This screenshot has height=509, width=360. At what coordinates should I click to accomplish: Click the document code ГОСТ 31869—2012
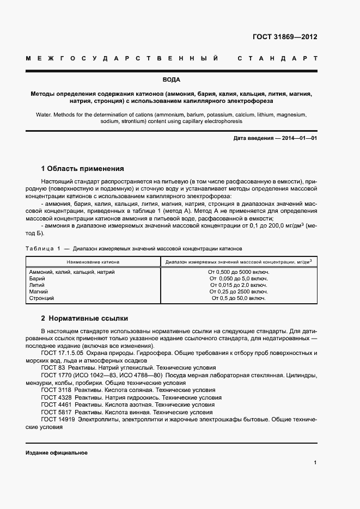285,38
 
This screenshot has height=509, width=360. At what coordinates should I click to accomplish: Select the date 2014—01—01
297,139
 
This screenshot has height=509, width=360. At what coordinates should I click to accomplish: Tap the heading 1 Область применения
83,169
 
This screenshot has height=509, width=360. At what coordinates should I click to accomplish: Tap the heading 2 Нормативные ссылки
84,318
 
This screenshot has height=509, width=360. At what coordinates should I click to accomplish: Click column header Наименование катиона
91,262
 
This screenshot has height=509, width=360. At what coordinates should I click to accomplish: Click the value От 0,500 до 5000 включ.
239,272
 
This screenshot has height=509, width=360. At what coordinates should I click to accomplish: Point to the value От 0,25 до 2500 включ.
239,292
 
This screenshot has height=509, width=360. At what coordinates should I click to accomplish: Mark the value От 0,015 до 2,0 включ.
239,285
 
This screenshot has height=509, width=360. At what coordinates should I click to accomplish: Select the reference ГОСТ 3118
56,390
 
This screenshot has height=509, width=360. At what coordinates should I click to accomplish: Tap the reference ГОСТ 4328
56,397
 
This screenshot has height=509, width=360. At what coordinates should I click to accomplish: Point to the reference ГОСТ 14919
58,420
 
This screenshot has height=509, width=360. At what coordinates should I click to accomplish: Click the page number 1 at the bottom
315,463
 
